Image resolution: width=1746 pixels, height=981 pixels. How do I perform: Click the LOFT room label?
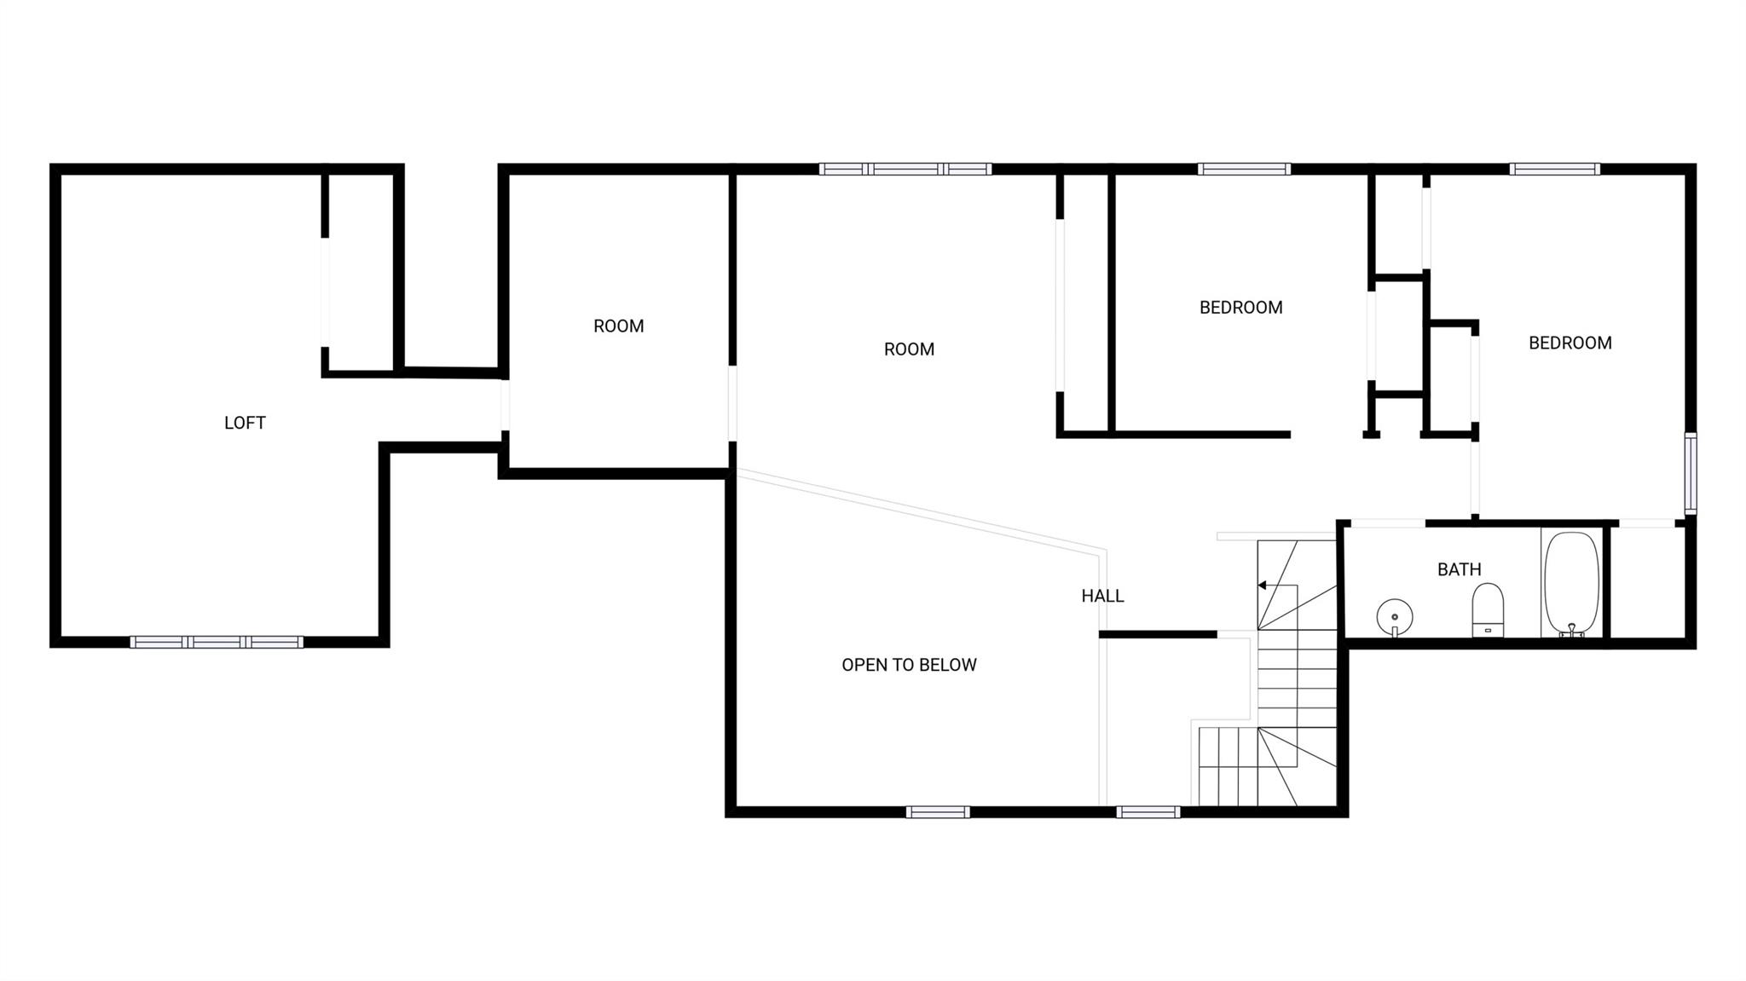tap(245, 423)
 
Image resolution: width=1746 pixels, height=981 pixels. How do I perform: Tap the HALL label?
tap(1102, 597)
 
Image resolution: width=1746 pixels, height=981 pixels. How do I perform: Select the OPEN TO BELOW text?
tap(909, 665)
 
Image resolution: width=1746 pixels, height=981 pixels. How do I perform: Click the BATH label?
tap(1459, 569)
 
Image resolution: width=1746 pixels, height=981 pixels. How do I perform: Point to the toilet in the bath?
tap(1488, 609)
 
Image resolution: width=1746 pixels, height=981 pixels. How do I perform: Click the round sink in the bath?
tap(1394, 615)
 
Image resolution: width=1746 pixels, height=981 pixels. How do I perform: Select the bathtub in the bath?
tap(1571, 584)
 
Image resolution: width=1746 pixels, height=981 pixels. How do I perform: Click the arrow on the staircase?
tap(1263, 585)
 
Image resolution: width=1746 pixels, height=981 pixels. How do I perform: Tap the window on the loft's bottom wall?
tap(217, 642)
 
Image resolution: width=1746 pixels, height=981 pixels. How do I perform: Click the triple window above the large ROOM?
tap(905, 169)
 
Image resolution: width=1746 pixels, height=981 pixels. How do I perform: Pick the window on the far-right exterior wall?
tap(1690, 473)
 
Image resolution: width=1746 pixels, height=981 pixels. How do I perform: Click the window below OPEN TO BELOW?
tap(938, 811)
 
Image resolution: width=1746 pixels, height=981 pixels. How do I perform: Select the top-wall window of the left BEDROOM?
tap(1244, 169)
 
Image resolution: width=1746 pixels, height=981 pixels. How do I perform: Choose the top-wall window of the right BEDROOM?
tap(1554, 169)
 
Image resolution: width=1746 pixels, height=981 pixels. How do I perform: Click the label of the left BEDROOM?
tap(1240, 308)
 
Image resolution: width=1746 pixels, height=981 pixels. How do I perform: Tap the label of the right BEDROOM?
tap(1570, 343)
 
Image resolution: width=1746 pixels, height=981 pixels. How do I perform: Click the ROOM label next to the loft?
tap(618, 326)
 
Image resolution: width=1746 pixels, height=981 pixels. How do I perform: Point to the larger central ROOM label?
tap(909, 349)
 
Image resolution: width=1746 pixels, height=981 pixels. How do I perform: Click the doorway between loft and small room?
tap(505, 405)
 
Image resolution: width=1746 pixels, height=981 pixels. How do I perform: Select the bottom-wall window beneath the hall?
tap(1148, 811)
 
